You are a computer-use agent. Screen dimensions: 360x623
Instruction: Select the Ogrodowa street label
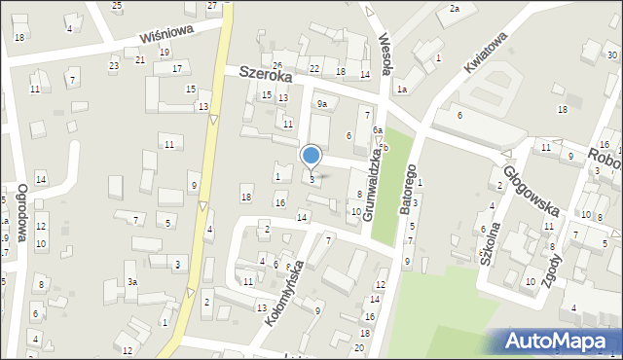click(21, 205)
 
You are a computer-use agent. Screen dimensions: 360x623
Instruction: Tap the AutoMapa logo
click(563, 341)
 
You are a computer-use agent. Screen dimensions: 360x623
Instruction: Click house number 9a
click(320, 103)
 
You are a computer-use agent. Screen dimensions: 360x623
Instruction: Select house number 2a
click(454, 9)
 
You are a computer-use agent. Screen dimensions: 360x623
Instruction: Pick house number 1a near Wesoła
click(401, 90)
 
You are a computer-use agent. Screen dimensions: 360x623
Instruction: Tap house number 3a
click(131, 282)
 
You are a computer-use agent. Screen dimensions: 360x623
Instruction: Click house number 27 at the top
click(213, 6)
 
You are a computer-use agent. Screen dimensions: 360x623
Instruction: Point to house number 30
click(611, 54)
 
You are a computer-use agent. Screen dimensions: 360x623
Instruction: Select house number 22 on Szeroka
click(313, 68)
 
